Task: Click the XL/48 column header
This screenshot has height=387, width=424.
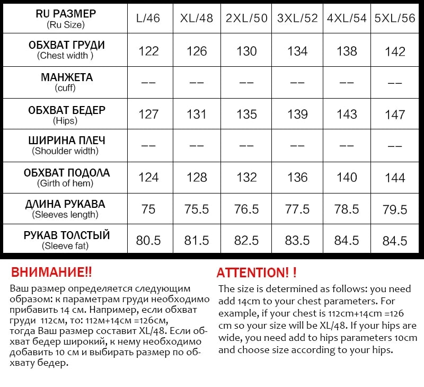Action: pyautogui.click(x=197, y=18)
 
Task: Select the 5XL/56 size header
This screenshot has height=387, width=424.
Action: pyautogui.click(x=395, y=18)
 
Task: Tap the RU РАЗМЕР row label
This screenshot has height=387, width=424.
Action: pyautogui.click(x=66, y=18)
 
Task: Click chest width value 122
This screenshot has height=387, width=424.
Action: pyautogui.click(x=148, y=51)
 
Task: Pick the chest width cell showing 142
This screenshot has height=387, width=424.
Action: pyautogui.click(x=395, y=51)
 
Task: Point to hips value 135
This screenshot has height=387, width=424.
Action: pyautogui.click(x=246, y=115)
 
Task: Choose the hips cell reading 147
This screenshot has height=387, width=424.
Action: pyautogui.click(x=395, y=115)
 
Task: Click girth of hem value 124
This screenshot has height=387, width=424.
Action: pyautogui.click(x=148, y=177)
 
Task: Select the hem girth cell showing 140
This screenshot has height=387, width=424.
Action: pyautogui.click(x=347, y=177)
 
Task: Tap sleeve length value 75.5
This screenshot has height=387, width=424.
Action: pyautogui.click(x=197, y=209)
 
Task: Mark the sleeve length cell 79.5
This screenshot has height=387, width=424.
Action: pyautogui.click(x=395, y=209)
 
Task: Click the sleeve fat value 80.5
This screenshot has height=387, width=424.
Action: pyautogui.click(x=148, y=241)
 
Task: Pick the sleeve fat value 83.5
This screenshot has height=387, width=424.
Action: pyautogui.click(x=297, y=241)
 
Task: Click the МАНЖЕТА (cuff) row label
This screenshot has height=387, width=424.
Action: pyautogui.click(x=66, y=82)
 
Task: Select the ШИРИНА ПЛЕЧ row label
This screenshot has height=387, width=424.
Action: pyautogui.click(x=66, y=145)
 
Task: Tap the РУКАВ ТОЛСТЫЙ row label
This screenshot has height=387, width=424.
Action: pyautogui.click(x=66, y=240)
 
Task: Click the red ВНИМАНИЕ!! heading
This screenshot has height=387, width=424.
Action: pyautogui.click(x=51, y=272)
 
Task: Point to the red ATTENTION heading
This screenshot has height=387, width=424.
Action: pyautogui.click(x=257, y=272)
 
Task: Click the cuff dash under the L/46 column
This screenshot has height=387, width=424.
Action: pyautogui.click(x=148, y=83)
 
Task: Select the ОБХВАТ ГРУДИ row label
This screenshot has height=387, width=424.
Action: pyautogui.click(x=66, y=50)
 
